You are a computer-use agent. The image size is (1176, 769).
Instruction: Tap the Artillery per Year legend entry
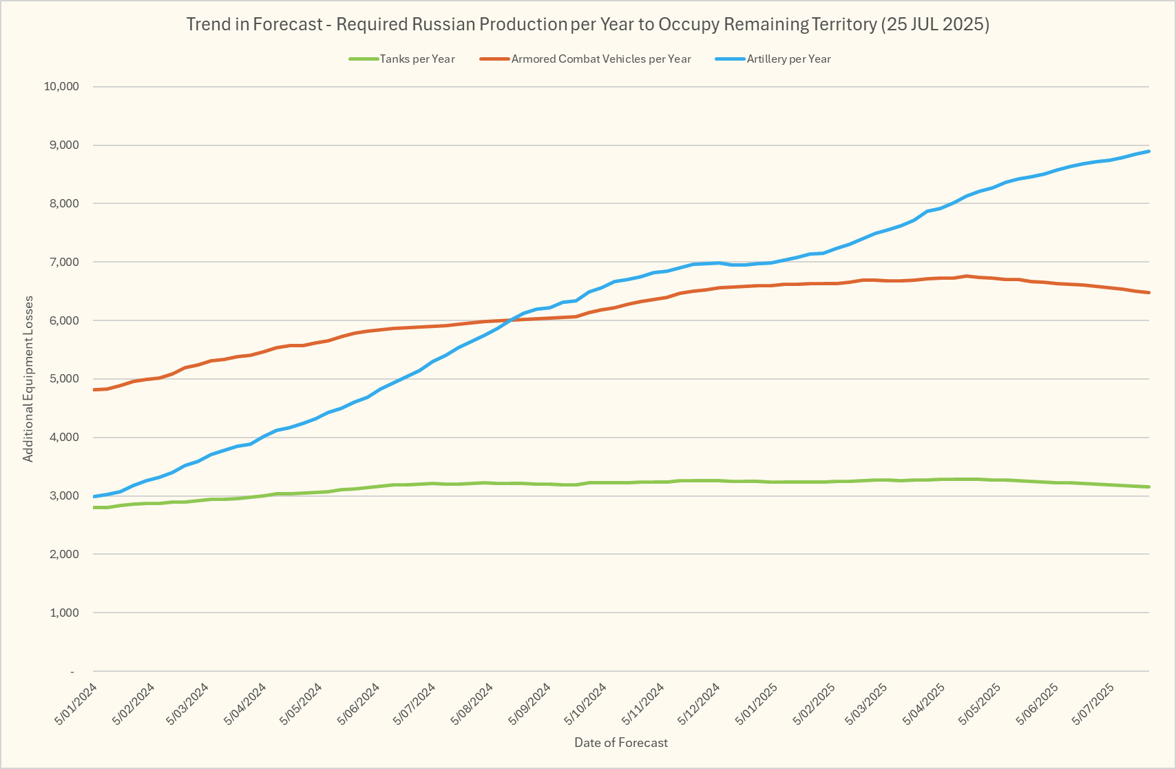(x=788, y=59)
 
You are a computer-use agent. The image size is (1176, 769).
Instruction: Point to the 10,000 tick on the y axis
(x=61, y=87)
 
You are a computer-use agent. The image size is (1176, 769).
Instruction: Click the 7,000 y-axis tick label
(x=64, y=263)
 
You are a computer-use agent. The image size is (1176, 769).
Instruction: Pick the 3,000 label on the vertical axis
(x=64, y=496)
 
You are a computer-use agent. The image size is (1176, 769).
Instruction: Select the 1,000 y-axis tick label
(x=64, y=613)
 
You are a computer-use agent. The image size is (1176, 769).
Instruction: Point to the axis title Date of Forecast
(x=621, y=743)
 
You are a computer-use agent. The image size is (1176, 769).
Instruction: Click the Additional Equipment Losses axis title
(x=28, y=379)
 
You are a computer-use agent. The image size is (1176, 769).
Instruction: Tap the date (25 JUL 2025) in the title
(x=935, y=25)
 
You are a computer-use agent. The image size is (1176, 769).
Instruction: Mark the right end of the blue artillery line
(x=1148, y=152)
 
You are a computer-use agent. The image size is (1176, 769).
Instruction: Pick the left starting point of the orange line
(x=94, y=390)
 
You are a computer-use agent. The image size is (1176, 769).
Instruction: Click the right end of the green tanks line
(x=1148, y=487)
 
